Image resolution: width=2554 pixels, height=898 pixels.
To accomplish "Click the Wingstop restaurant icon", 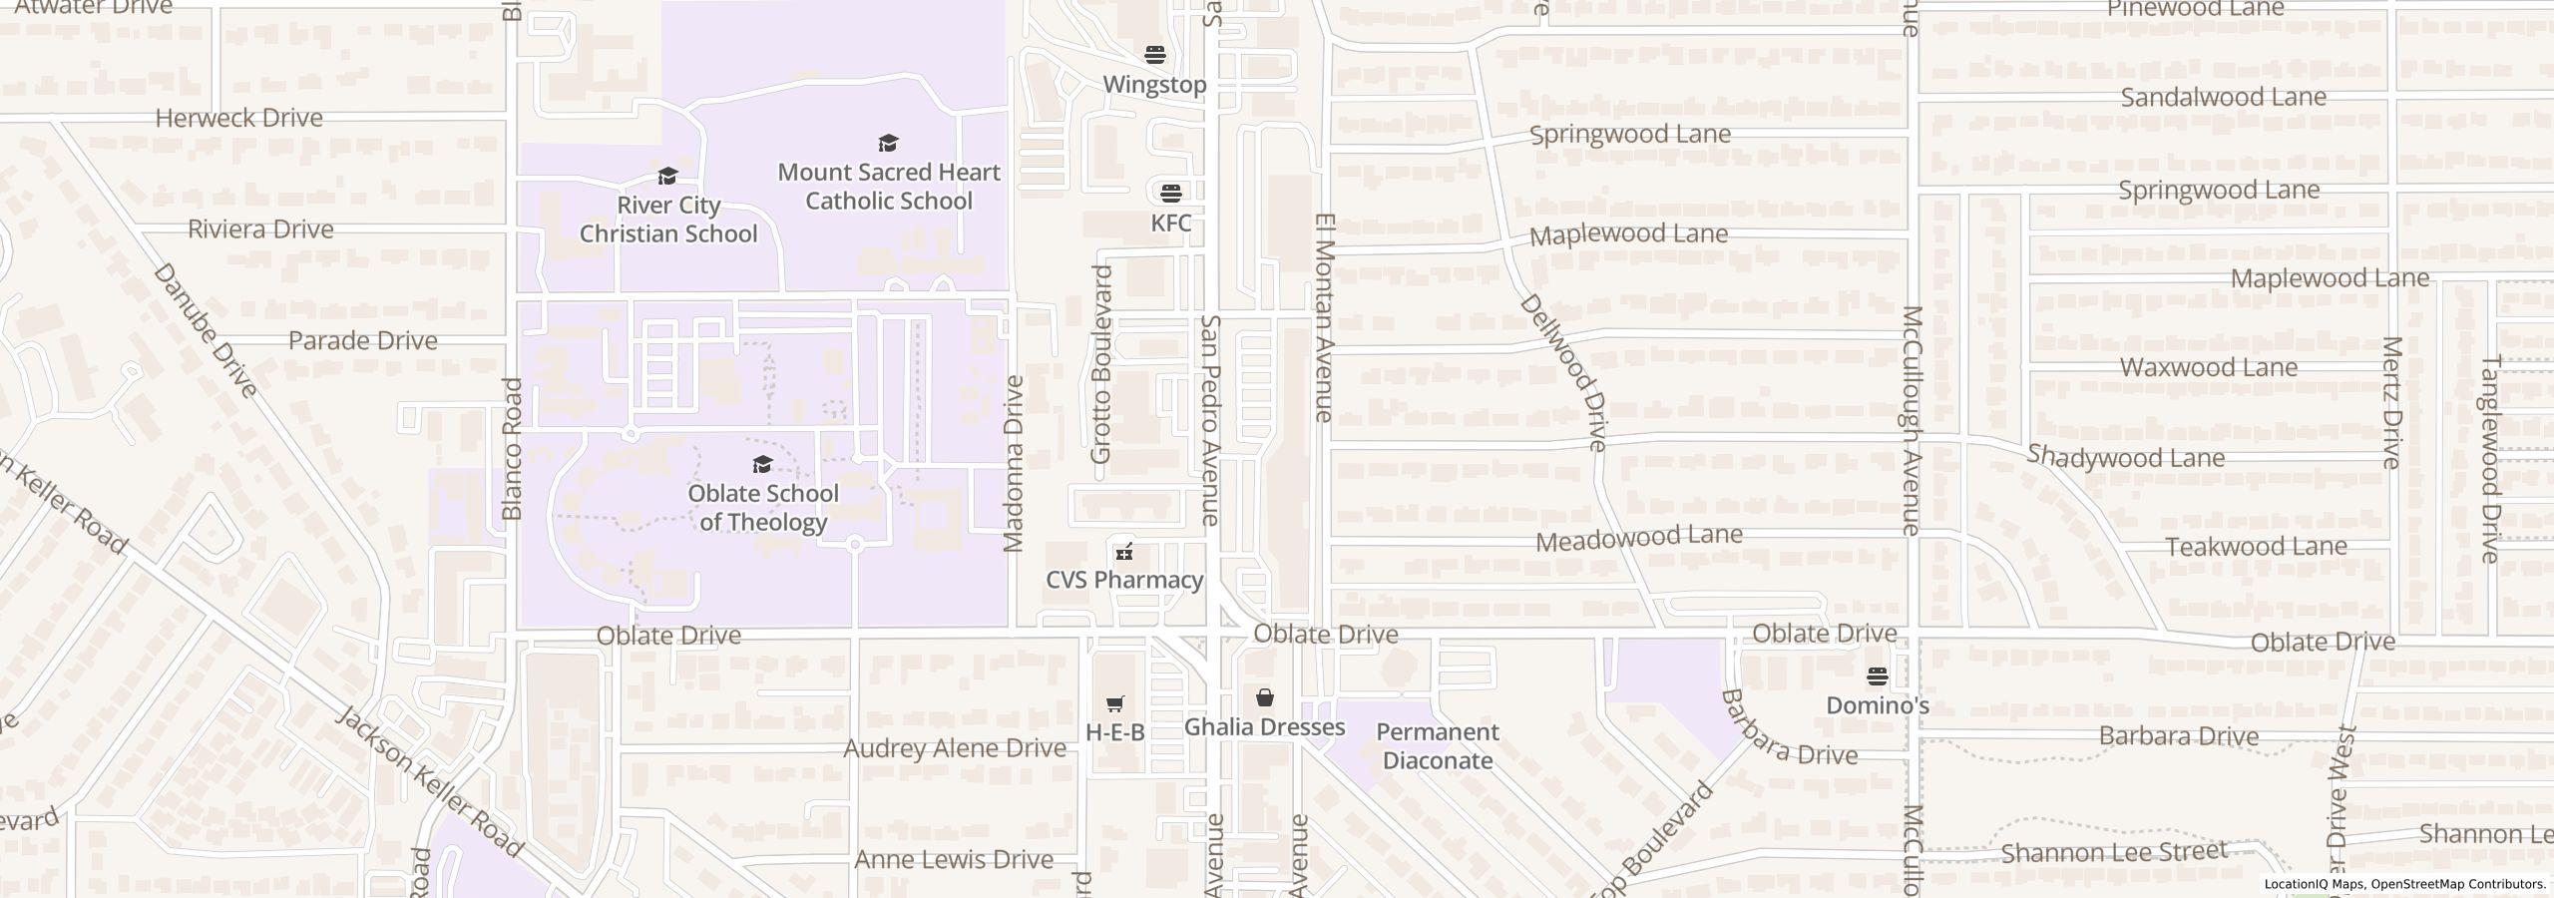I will coord(1154,54).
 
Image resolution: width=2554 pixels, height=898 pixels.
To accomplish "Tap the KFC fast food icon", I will coord(1170,192).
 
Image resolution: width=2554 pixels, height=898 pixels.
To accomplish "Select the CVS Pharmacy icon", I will coord(1124,551).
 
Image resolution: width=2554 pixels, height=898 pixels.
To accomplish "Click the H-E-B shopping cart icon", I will coord(1115,703).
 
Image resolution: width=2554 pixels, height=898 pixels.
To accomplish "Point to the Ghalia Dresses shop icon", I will coord(1264,697).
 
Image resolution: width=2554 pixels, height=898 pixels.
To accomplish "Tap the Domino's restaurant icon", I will coord(1877,676).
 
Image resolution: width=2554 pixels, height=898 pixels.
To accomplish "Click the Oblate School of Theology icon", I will coord(762,464).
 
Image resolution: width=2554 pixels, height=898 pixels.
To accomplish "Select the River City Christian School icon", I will coord(667,177).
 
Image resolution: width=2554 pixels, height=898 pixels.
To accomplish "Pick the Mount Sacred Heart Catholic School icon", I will coord(888,144).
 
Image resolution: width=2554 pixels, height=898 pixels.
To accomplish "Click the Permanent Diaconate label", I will coord(1437,745).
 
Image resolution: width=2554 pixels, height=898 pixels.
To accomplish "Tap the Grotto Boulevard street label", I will coord(1100,364).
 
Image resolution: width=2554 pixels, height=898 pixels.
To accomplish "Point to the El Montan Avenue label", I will coord(1324,316).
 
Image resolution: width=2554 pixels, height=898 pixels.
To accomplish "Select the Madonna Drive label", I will coord(1014,463).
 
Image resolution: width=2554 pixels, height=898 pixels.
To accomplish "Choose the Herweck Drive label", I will coord(239,118).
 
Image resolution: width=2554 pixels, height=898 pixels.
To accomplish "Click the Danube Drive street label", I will coord(207,330).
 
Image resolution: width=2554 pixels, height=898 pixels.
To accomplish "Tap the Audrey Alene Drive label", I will coord(955,748).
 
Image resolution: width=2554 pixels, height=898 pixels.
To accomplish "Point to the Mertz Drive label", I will coord(2391,402).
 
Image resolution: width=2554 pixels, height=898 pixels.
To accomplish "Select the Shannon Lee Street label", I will coord(2114,852).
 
